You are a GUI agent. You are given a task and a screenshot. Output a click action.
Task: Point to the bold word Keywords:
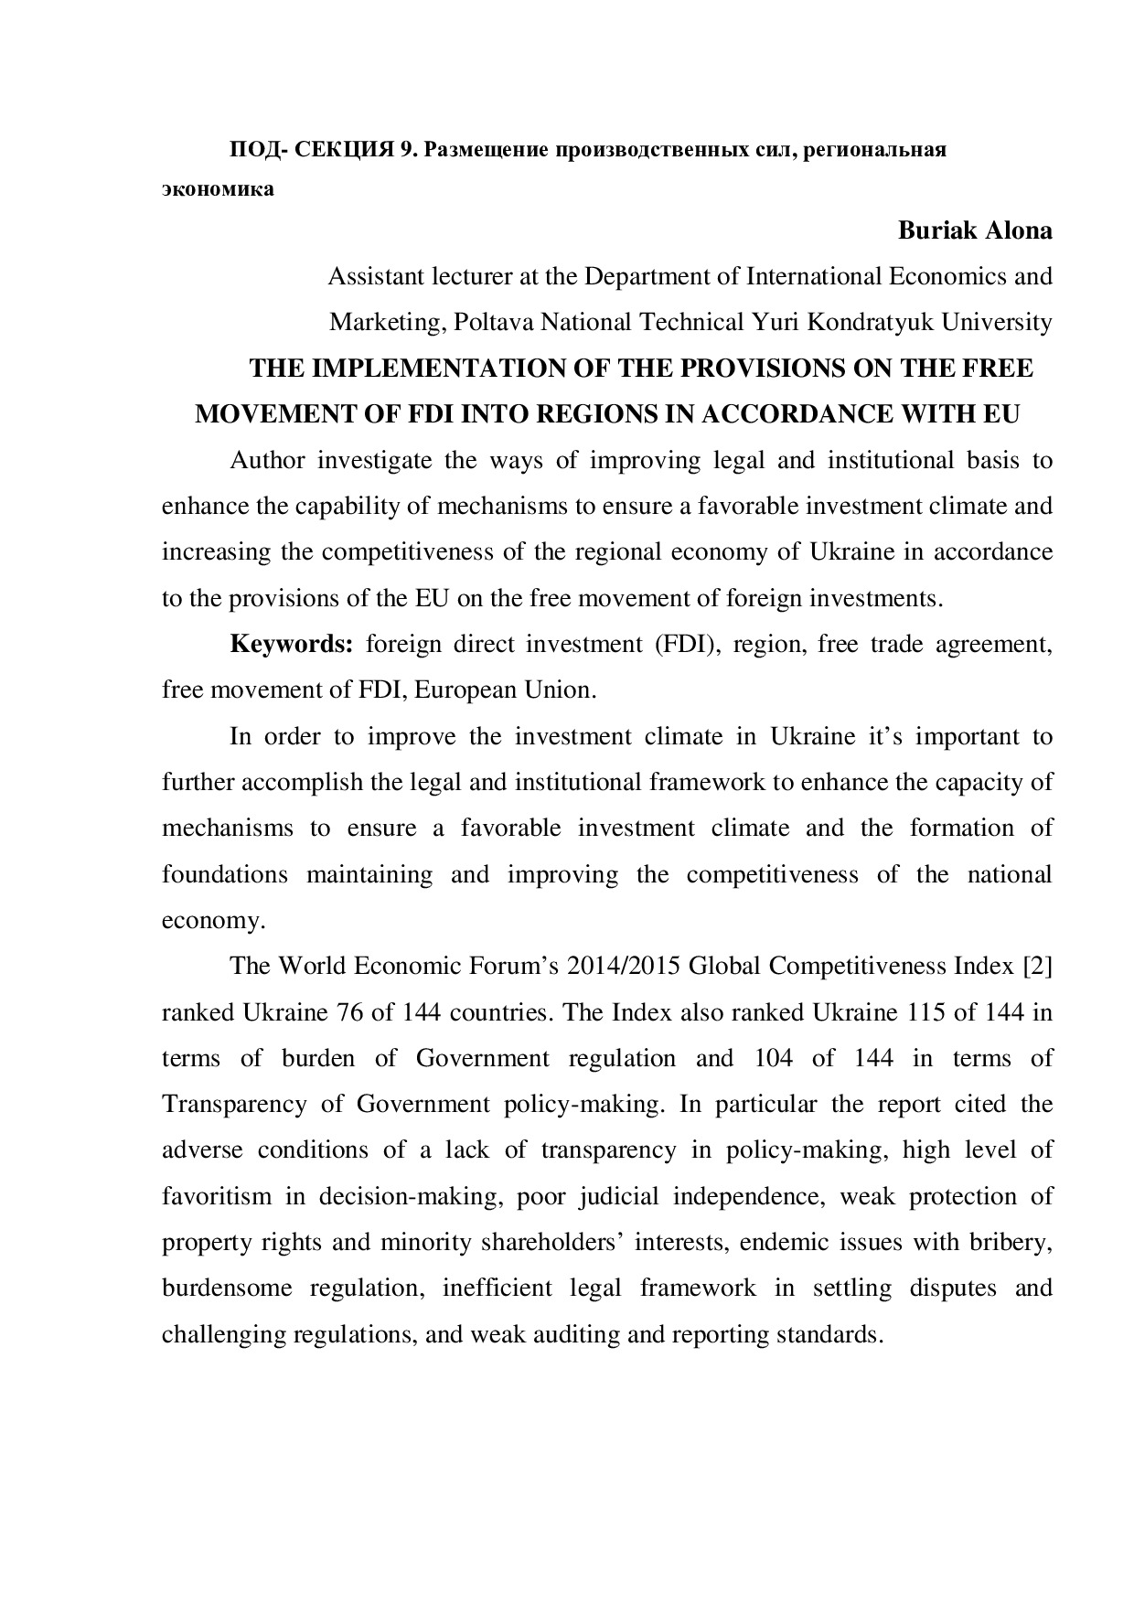(x=291, y=644)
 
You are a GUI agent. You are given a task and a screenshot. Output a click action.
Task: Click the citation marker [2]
(x=1038, y=966)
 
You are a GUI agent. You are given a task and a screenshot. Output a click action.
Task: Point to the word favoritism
(x=217, y=1196)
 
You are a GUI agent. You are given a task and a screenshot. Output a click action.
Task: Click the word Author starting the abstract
(x=267, y=460)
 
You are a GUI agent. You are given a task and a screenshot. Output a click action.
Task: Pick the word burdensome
(x=226, y=1288)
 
